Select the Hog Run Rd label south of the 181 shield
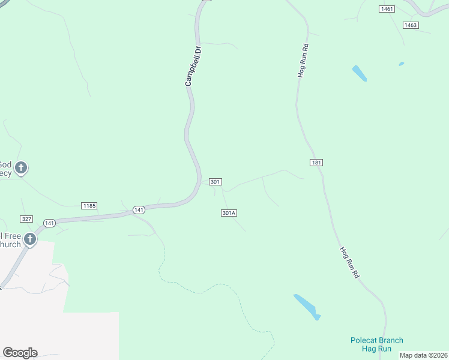[349, 262]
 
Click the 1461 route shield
[387, 9]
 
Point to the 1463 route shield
[411, 25]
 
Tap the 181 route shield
[317, 163]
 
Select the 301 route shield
[216, 182]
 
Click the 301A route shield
[229, 213]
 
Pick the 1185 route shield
[89, 206]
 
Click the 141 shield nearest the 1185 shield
[139, 209]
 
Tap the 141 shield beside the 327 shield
[49, 223]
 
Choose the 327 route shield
[26, 220]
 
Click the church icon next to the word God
[21, 168]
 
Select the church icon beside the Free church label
[29, 240]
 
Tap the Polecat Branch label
[377, 340]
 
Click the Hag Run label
[377, 349]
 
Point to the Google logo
[20, 353]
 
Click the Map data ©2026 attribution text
[424, 355]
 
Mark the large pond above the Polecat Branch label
[307, 306]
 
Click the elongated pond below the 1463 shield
[359, 73]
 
